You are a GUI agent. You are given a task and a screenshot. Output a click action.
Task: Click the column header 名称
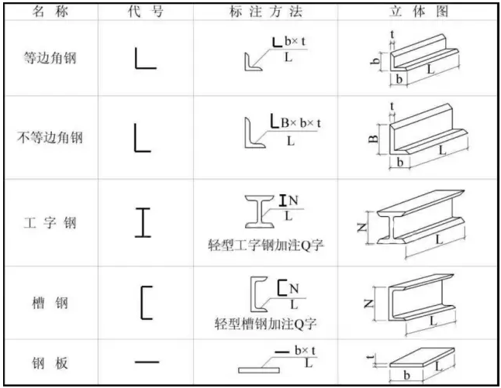[x=50, y=12]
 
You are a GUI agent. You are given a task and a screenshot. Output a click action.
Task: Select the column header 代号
[x=146, y=12]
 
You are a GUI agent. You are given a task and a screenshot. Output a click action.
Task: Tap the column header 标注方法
[x=266, y=12]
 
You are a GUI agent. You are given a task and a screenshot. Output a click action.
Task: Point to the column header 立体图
[x=419, y=12]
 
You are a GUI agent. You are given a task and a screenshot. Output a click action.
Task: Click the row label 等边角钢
[x=50, y=58]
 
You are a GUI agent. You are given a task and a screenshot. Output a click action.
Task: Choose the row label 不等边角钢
[x=50, y=138]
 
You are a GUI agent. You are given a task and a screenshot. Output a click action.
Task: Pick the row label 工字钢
[x=50, y=223]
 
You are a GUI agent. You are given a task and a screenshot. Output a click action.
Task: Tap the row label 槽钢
[x=50, y=303]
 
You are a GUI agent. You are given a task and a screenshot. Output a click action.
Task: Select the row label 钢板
[x=50, y=363]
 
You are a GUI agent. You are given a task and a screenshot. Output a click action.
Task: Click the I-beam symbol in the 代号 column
[x=143, y=222]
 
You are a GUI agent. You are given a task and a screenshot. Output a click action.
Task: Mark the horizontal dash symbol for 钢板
[x=147, y=362]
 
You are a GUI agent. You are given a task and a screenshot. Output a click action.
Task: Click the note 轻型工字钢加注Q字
[x=266, y=246]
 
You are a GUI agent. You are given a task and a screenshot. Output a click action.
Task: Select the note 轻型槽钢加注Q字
[x=266, y=324]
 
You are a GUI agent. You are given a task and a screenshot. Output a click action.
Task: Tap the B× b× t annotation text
[x=301, y=123]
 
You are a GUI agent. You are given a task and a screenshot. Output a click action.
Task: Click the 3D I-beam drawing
[x=421, y=218]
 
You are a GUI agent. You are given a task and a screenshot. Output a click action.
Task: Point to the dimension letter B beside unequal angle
[x=373, y=139]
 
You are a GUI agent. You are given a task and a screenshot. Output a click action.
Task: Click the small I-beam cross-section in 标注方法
[x=260, y=211]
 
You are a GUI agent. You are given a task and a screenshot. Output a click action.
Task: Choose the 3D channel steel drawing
[x=421, y=297]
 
